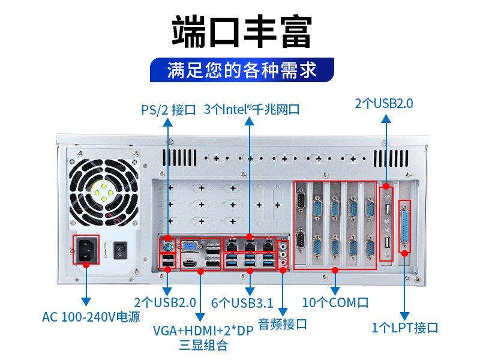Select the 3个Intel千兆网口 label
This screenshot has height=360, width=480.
[x=251, y=110]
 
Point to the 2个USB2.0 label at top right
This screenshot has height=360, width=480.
[x=384, y=103]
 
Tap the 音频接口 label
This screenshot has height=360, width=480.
[x=283, y=324]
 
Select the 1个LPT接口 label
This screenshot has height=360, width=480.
[x=405, y=328]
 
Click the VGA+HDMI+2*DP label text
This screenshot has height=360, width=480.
[x=203, y=331]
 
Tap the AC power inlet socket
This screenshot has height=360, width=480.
[x=86, y=249]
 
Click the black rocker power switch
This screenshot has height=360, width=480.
[x=122, y=249]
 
